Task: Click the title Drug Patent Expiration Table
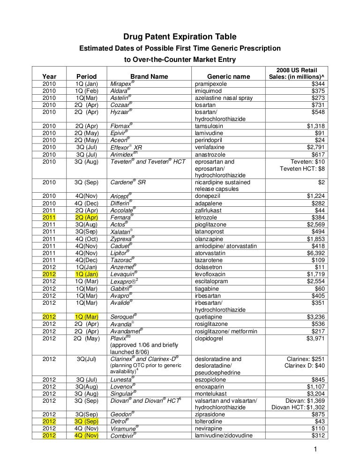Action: (180, 37)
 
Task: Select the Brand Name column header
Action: (149, 76)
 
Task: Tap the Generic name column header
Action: (228, 76)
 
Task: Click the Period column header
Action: (86, 76)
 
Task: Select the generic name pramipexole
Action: (212, 83)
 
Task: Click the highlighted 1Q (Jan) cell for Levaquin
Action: (86, 273)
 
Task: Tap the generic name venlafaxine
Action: (212, 147)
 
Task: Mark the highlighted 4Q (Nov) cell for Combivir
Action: (86, 436)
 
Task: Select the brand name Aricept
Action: (120, 196)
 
